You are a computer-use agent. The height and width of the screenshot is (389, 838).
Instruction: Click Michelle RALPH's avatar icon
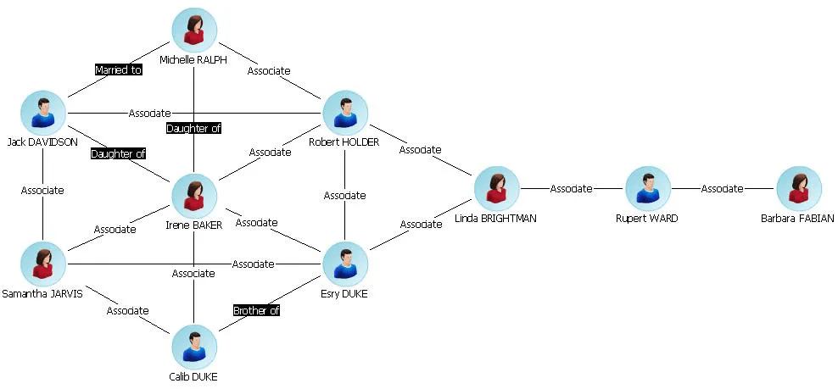(x=194, y=31)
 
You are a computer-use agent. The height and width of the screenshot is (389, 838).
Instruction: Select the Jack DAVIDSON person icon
(x=43, y=113)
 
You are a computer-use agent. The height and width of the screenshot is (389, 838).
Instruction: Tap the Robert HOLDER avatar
(x=344, y=113)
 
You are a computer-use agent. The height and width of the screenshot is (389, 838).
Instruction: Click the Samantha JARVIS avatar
(x=43, y=264)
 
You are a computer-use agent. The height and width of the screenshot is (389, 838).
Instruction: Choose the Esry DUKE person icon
(x=344, y=264)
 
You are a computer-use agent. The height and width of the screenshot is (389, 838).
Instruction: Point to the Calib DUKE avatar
(x=194, y=347)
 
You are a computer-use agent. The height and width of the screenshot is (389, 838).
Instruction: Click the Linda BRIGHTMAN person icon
(x=496, y=189)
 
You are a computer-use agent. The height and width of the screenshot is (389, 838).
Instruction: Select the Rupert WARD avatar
(x=647, y=189)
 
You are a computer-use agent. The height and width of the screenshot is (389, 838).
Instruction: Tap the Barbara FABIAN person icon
(x=798, y=189)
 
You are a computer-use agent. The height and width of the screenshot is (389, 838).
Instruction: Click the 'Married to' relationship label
(x=118, y=70)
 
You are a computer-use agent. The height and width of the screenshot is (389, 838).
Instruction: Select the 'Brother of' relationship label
(x=256, y=310)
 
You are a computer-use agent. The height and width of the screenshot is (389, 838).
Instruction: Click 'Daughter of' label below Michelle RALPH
(x=194, y=128)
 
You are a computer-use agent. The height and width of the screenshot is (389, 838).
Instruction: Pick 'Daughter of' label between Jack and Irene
(x=118, y=153)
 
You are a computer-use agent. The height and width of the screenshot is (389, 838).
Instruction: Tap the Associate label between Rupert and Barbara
(x=722, y=189)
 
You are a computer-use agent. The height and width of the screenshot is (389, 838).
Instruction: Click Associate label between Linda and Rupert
(x=571, y=189)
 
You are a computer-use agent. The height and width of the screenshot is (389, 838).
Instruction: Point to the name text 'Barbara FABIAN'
(x=798, y=219)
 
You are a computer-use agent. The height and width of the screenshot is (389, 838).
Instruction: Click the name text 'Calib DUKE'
(x=194, y=376)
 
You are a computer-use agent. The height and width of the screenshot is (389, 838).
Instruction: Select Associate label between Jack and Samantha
(x=42, y=190)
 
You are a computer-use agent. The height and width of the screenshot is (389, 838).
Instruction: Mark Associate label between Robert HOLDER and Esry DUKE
(x=344, y=195)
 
